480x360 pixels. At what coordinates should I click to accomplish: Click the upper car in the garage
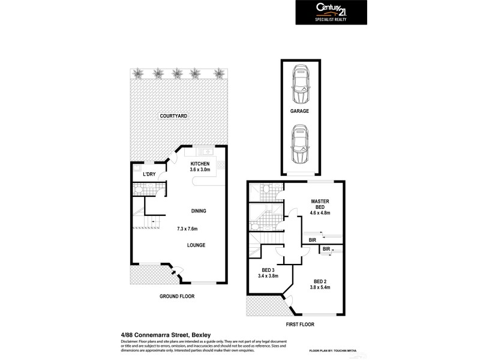(300, 85)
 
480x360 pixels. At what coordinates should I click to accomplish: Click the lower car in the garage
(300, 145)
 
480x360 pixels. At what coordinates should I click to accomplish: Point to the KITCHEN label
(200, 164)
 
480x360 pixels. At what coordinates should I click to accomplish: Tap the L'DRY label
(149, 174)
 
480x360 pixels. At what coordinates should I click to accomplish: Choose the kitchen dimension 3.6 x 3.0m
(200, 170)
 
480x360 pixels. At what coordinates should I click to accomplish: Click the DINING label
(199, 211)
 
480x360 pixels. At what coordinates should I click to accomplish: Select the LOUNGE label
(196, 245)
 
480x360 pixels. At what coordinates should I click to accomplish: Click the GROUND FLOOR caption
(177, 296)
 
